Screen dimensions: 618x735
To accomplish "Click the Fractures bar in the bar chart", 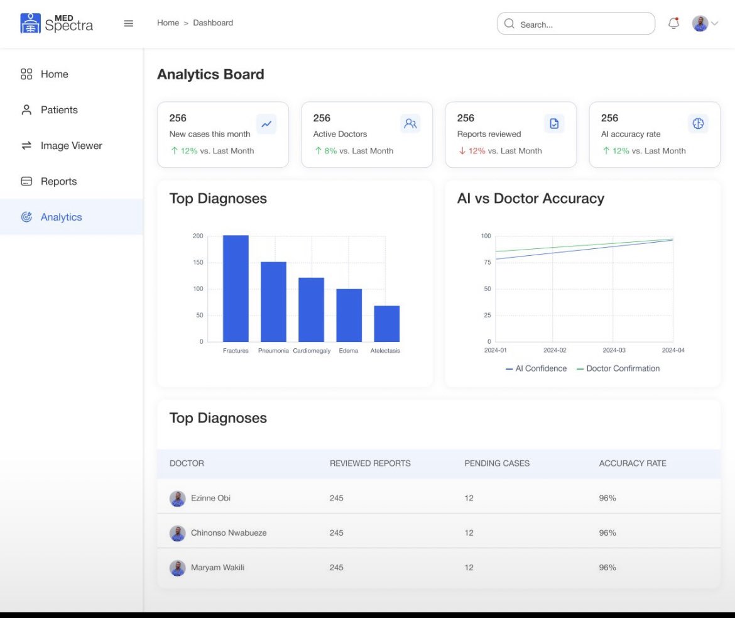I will tap(236, 289).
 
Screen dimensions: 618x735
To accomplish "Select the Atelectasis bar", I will tap(386, 324).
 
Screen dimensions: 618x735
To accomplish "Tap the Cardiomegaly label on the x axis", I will tap(312, 351).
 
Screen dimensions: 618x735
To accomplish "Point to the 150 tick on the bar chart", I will tap(198, 262).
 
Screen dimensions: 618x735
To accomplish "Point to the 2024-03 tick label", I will tap(614, 350).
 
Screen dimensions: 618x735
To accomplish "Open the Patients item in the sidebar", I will tap(59, 110).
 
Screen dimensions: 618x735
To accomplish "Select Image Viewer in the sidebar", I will tap(71, 146).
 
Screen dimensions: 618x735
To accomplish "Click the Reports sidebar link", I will tap(58, 182).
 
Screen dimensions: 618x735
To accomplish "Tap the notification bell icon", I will tap(673, 23).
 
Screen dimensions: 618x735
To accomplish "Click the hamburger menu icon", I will tap(129, 23).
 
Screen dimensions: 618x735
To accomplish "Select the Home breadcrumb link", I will tap(168, 23).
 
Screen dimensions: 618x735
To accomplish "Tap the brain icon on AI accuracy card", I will tap(698, 124).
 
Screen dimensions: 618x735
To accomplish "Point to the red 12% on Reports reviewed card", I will tap(477, 151).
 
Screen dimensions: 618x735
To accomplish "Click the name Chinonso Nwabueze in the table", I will tap(229, 532).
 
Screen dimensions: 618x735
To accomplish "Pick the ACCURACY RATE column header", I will tap(633, 463).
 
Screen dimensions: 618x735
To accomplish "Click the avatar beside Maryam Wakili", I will tap(178, 568).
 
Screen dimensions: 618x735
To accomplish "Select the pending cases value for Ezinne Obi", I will tap(469, 498).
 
